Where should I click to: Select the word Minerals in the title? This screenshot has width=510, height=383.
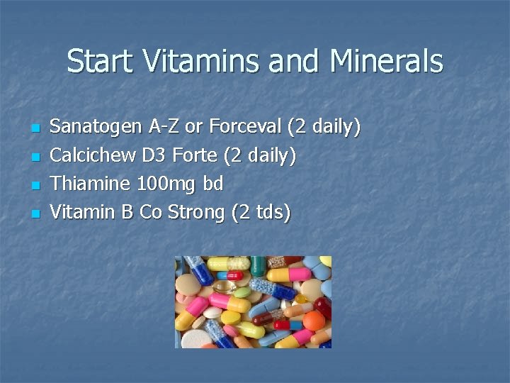(x=385, y=62)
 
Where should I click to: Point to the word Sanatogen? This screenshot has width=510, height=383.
(x=96, y=128)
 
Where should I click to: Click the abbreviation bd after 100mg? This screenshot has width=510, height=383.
(x=213, y=184)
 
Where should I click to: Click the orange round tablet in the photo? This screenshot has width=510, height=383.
(x=314, y=321)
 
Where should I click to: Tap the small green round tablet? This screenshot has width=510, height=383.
(x=242, y=292)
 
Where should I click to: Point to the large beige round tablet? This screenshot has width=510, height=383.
(x=187, y=285)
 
